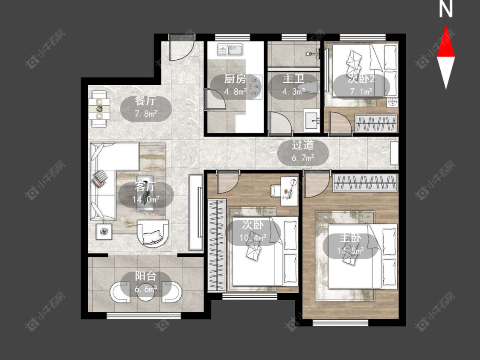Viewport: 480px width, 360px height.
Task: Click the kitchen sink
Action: pyautogui.click(x=230, y=49)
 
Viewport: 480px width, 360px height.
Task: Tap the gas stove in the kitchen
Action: pyautogui.click(x=256, y=87)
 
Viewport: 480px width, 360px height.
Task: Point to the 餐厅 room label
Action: pyautogui.click(x=145, y=101)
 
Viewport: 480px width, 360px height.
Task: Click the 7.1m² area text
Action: pyautogui.click(x=361, y=91)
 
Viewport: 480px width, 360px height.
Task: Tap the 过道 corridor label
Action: pyautogui.click(x=303, y=145)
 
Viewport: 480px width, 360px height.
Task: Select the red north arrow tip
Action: pyautogui.click(x=446, y=26)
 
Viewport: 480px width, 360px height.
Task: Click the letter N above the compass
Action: pyautogui.click(x=446, y=9)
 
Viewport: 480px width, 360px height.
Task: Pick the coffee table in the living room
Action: pyautogui.click(x=145, y=193)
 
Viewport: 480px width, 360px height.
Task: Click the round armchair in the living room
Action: pyautogui.click(x=153, y=233)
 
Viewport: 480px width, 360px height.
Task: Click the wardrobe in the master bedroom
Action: pyautogui.click(x=365, y=183)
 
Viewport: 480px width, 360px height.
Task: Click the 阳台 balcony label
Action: pyautogui.click(x=146, y=276)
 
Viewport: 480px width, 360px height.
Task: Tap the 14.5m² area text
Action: pyautogui.click(x=350, y=251)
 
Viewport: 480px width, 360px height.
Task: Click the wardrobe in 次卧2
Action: pyautogui.click(x=376, y=123)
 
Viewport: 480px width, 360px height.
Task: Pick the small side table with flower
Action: pyautogui.click(x=105, y=232)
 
